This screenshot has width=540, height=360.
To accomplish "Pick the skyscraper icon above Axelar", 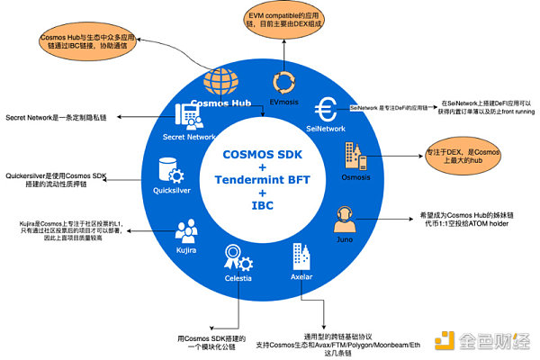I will pos(300,259).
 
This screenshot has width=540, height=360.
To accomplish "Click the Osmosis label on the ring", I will pos(354,180).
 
